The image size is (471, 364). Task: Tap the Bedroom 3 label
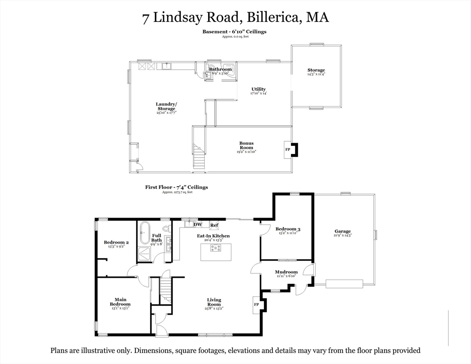[x=288, y=229]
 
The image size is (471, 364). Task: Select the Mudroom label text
[x=286, y=272]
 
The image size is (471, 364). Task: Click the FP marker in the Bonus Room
[x=287, y=149]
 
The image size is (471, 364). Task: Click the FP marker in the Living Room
[x=256, y=304]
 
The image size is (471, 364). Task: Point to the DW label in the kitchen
[x=198, y=224]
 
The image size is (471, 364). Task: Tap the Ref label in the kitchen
[x=214, y=225]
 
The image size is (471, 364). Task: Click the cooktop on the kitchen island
[x=216, y=247]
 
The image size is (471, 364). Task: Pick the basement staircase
[x=199, y=156]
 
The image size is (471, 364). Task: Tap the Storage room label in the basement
[x=316, y=71]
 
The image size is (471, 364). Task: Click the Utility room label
[x=259, y=89]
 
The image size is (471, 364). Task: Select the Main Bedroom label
[x=120, y=301]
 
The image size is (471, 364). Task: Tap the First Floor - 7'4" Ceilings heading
[x=176, y=187]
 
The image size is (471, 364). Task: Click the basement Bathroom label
[x=220, y=69]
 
